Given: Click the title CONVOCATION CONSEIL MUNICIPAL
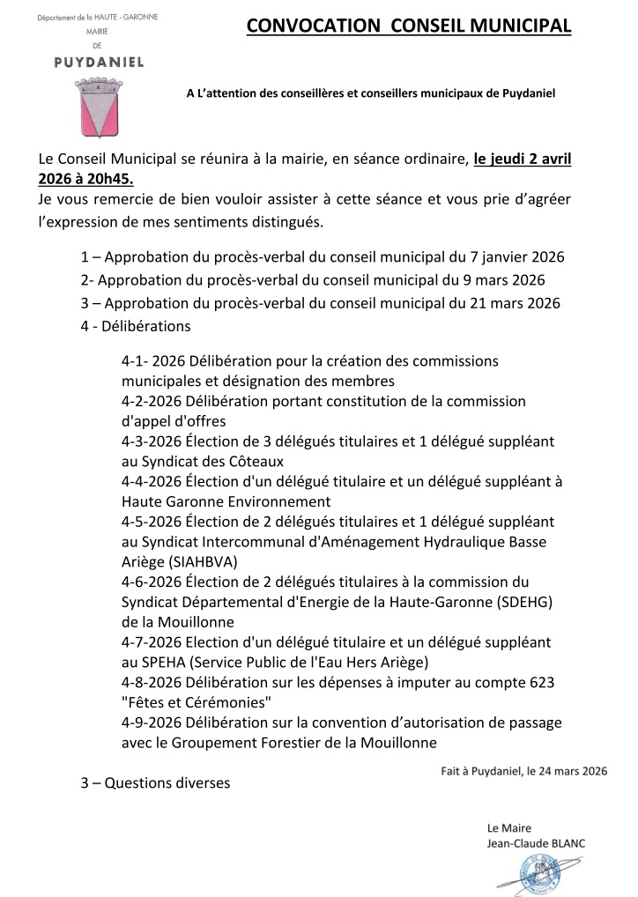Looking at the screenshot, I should click(409, 27).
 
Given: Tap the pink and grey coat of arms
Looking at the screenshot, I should click(100, 107).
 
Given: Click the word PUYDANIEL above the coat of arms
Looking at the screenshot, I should click(99, 62).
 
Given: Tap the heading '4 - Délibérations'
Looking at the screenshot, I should click(135, 326).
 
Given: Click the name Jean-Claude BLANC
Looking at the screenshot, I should click(536, 843).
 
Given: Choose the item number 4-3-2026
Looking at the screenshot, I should click(152, 441).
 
